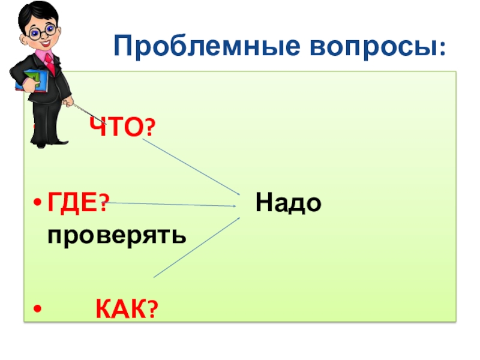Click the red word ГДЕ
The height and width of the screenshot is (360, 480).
tap(72, 203)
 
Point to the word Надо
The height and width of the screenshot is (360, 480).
tap(289, 203)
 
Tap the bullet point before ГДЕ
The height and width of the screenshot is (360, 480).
tap(38, 204)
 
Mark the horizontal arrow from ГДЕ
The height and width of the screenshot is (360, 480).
tap(174, 205)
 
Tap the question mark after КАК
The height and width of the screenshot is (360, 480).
tap(153, 311)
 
